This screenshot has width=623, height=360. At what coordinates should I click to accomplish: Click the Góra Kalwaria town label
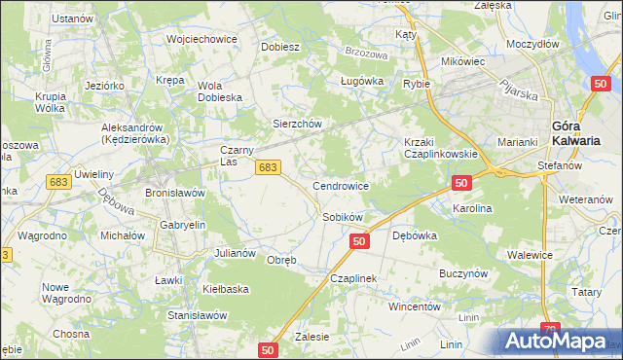[573, 132]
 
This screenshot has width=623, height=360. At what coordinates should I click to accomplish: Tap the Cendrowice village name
[340, 185]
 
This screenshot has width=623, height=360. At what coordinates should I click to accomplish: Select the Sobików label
[343, 217]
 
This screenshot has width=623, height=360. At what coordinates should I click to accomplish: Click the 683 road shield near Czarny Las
[270, 167]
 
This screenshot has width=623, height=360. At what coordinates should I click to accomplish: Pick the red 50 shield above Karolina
[462, 183]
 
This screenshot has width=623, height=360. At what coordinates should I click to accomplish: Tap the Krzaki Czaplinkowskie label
[440, 148]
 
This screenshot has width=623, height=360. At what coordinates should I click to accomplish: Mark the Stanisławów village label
[198, 316]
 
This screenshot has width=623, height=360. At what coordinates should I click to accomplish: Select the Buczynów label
[463, 274]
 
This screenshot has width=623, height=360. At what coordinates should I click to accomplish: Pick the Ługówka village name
[359, 82]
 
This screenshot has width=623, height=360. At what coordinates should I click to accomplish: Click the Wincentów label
[416, 306]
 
